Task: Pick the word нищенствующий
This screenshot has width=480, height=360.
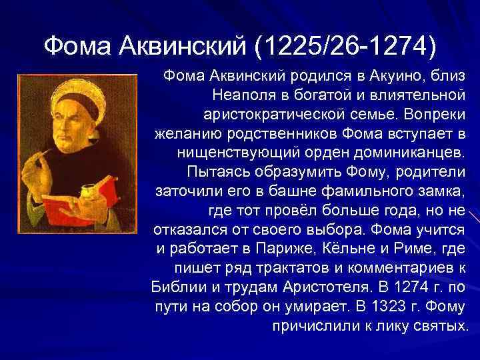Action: pos(243,153)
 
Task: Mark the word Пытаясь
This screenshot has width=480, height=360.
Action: pos(216,172)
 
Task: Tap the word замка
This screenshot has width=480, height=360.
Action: pos(441,191)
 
